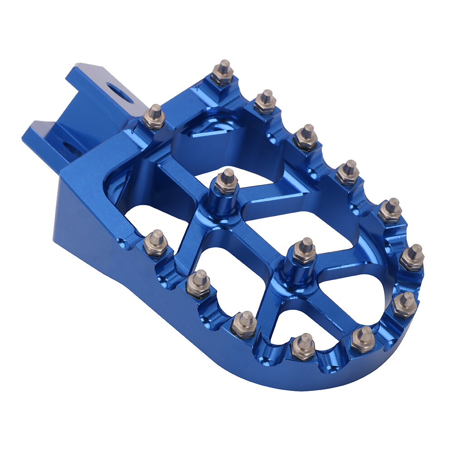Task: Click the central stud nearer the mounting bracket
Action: pyautogui.click(x=226, y=181)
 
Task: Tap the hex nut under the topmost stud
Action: pyautogui.click(x=222, y=80)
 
